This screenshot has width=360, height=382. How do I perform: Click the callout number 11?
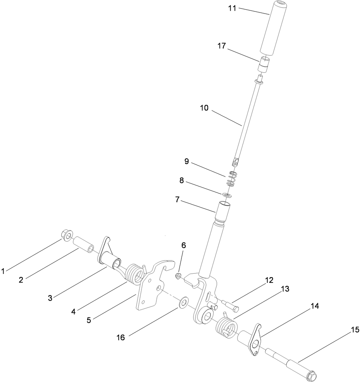point(232,8)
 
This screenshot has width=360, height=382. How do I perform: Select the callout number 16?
point(121,337)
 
